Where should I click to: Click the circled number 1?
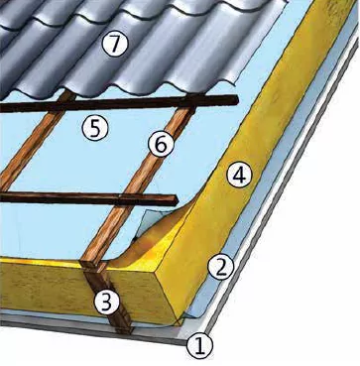199,346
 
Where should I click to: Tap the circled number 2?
220,268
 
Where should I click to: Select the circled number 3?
106,303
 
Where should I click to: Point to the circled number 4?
239,176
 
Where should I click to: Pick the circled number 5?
95,129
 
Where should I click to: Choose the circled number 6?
161,145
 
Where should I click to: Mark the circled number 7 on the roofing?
114,44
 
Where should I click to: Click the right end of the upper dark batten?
237,100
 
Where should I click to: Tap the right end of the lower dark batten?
177,200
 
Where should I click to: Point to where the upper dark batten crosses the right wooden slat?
189,102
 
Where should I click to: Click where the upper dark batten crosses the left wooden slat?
63,105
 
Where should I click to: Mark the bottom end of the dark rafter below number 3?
124,330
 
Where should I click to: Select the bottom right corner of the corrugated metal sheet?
237,83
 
